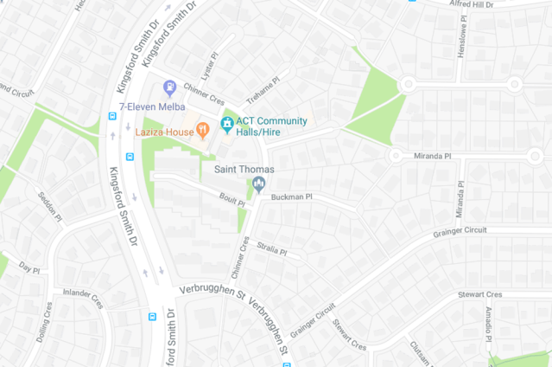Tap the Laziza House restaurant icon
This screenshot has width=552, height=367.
203,131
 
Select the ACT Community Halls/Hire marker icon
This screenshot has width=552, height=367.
227,125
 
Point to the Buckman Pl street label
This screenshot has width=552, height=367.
291,197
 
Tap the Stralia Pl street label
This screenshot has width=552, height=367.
270,250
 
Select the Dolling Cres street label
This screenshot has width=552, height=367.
44,321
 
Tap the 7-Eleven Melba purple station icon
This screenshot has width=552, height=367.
170,87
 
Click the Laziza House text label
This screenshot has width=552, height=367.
164,132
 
